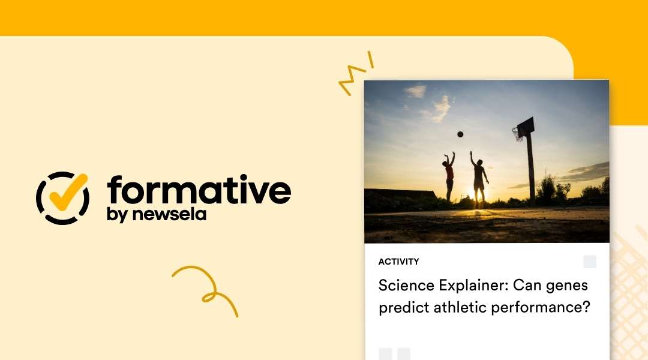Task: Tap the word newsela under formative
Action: (x=177, y=214)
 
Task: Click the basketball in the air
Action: (x=460, y=134)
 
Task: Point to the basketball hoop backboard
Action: (x=526, y=127)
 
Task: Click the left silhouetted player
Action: (x=449, y=176)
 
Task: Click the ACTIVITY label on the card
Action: (x=398, y=262)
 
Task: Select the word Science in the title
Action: (x=403, y=285)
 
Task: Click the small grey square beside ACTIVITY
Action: (x=590, y=262)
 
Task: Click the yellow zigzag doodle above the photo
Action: (x=355, y=75)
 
